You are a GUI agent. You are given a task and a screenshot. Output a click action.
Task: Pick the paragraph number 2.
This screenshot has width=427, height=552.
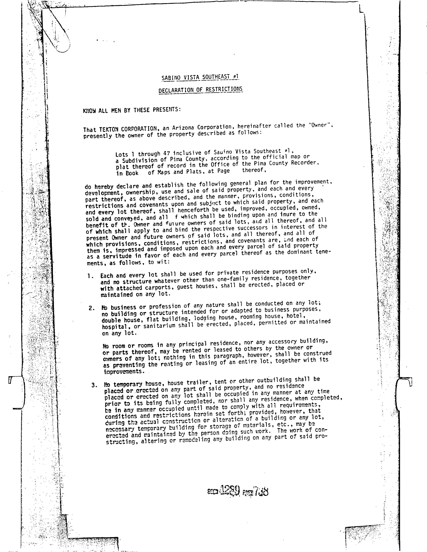tap(92, 308)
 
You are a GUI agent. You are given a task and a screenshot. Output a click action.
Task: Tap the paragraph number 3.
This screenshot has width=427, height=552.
tap(94, 385)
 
